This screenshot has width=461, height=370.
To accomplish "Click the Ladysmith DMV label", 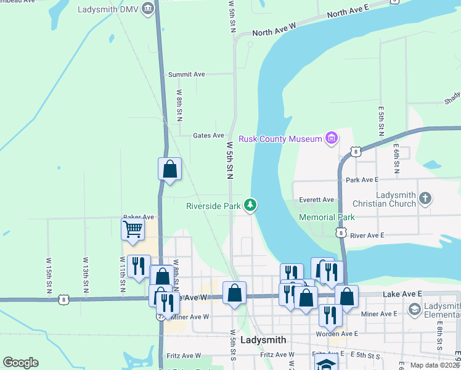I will pos(108,9).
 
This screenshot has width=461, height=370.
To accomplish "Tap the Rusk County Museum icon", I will pos(332,138).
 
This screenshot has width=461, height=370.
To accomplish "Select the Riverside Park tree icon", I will pos(250,205).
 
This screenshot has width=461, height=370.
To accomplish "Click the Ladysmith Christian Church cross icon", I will pos(425,199).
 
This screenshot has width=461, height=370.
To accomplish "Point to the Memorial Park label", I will pos(327,217).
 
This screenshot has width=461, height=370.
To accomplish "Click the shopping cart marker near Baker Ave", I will pos(133,230).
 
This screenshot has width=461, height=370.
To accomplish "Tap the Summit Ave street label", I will pos(186,74).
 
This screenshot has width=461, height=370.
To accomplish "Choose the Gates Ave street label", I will pos(208,135).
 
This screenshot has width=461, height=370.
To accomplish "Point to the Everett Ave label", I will pos(316,199).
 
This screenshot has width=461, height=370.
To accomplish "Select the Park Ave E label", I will pos(362,180).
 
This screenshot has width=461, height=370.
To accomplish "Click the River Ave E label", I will pos(367,235).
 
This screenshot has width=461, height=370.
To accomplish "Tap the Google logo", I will pos(20,363).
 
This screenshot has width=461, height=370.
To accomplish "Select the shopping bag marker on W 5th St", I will pos(234,294).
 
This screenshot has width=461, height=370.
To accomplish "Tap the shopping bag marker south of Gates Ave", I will pos(169,169).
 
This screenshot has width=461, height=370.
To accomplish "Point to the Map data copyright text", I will pos(435,365).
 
